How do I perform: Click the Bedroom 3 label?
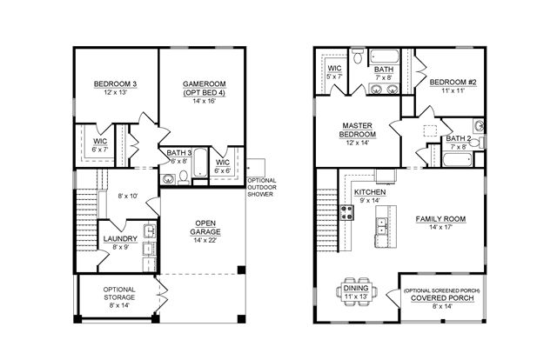click(x=115, y=84)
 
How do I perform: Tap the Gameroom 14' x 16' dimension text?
click(x=205, y=101)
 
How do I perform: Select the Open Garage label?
click(x=205, y=228)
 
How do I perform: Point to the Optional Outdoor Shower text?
click(x=261, y=188)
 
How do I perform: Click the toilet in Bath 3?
click(x=184, y=177)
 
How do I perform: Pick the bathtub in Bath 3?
click(x=201, y=163)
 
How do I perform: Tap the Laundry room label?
click(x=120, y=238)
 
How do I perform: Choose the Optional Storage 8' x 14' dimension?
click(x=119, y=305)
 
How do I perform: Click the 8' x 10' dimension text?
click(x=128, y=196)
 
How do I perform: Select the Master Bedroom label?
click(x=358, y=130)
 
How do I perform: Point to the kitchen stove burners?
click(x=347, y=212)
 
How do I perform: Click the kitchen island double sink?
click(x=382, y=225)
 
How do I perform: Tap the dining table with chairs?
click(x=356, y=291)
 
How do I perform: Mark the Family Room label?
click(x=440, y=219)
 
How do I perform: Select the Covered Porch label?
click(x=442, y=298)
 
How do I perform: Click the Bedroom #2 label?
click(x=453, y=82)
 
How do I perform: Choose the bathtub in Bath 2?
click(x=457, y=159)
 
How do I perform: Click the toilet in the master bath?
click(x=358, y=57)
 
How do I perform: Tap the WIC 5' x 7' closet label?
click(x=334, y=72)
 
